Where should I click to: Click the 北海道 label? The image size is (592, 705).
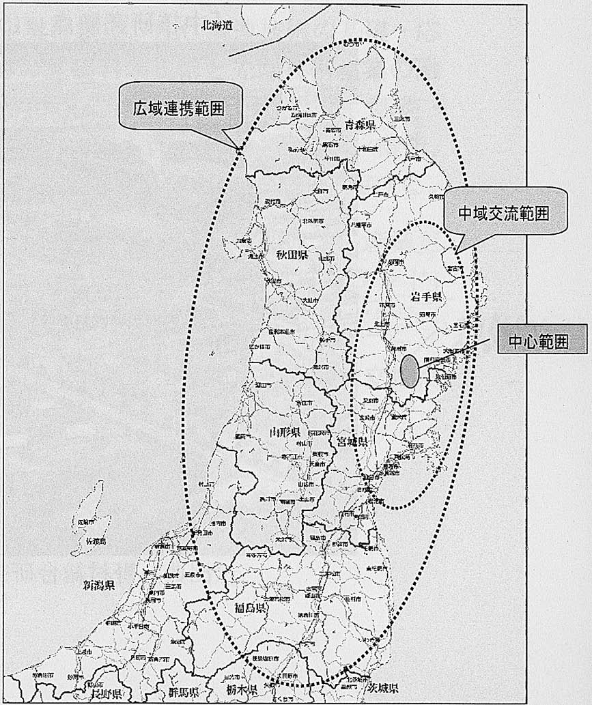217,25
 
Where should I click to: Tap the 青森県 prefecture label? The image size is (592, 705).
361,125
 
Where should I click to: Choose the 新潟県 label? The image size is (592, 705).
98,585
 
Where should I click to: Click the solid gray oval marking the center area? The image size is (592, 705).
409,371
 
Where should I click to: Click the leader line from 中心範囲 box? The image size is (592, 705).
457,351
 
